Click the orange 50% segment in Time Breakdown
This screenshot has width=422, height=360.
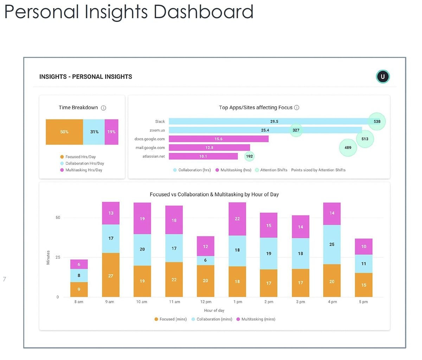click(x=64, y=132)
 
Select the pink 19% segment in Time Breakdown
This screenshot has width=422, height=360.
click(x=111, y=132)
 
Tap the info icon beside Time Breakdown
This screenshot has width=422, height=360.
click(x=103, y=108)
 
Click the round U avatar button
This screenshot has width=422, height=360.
click(x=383, y=77)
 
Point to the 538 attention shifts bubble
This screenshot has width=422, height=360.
click(x=377, y=121)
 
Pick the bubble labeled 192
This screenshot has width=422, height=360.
click(x=249, y=156)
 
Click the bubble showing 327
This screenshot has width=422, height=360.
click(x=296, y=130)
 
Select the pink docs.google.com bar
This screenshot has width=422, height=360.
click(x=218, y=139)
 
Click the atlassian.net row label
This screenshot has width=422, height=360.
click(x=153, y=156)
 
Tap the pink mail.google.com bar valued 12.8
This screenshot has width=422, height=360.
click(x=209, y=148)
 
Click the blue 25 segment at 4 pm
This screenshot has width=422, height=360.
click(x=332, y=244)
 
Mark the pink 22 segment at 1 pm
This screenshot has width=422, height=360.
click(x=237, y=219)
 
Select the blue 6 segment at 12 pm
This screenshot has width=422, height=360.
click(x=205, y=260)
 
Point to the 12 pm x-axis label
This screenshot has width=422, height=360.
click(x=206, y=302)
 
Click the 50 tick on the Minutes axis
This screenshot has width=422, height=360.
click(x=58, y=217)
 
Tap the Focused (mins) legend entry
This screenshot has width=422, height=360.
click(x=171, y=319)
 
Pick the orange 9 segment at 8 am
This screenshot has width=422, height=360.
click(x=79, y=289)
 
